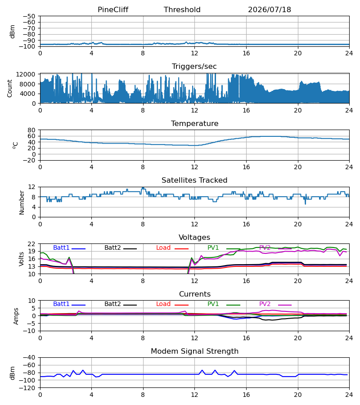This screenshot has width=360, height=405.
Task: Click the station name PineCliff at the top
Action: pyautogui.click(x=113, y=9)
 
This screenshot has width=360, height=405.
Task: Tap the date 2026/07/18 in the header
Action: pyautogui.click(x=270, y=9)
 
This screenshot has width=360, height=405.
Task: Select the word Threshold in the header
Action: pyautogui.click(x=182, y=9)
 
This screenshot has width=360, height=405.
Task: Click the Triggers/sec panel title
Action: pyautogui.click(x=194, y=67)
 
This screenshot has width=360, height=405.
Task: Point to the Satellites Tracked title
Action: pyautogui.click(x=194, y=180)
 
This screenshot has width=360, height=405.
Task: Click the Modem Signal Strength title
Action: pyautogui.click(x=194, y=351)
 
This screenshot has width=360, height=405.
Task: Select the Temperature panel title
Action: pyautogui.click(x=194, y=123)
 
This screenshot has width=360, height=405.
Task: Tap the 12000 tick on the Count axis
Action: pyautogui.click(x=26, y=74)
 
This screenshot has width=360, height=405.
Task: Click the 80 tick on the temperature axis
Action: pyautogui.click(x=31, y=130)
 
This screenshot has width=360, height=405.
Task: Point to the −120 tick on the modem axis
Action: pyautogui.click(x=29, y=388)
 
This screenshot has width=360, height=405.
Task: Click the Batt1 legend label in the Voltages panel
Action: pyautogui.click(x=61, y=247)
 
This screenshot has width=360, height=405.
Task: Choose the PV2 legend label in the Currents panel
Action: pyautogui.click(x=265, y=304)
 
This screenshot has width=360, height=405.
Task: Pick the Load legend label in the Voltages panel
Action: pyautogui.click(x=163, y=247)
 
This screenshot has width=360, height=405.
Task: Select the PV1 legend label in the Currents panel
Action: pyautogui.click(x=213, y=304)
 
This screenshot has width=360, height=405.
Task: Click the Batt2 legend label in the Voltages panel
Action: pyautogui.click(x=112, y=247)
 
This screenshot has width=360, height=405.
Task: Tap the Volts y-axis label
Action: pyautogui.click(x=21, y=259)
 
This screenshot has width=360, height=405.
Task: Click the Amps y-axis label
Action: pyautogui.click(x=16, y=316)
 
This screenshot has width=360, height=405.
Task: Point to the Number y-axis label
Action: pyautogui.click(x=22, y=203)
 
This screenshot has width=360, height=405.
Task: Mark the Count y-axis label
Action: pyautogui.click(x=9, y=89)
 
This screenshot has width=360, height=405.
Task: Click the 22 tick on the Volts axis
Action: pyautogui.click(x=31, y=244)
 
